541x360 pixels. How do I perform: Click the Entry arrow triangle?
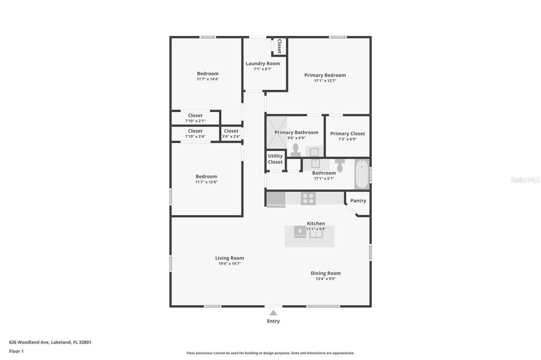tap(273, 312)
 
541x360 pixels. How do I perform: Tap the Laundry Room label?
tap(263, 63)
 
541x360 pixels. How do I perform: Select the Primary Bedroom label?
tap(325, 75)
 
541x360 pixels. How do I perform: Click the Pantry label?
tap(358, 201)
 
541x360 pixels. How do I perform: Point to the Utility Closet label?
tap(275, 159)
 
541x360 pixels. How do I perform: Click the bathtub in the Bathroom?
tap(361, 174)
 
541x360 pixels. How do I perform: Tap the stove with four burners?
tap(308, 198)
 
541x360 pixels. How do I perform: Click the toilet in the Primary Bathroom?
tap(296, 149)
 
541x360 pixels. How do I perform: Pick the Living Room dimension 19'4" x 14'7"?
tap(229, 263)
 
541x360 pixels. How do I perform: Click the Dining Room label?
tap(325, 273)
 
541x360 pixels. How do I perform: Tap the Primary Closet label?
tap(347, 134)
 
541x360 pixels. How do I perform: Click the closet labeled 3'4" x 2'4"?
tap(231, 134)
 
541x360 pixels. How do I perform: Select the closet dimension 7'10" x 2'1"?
tap(195, 121)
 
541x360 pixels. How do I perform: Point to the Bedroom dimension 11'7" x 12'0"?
tap(206, 182)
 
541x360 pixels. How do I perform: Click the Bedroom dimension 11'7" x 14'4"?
tap(208, 79)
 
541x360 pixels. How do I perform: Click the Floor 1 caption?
tap(16, 351)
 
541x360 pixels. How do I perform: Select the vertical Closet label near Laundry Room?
tap(279, 46)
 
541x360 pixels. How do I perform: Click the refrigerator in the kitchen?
tap(276, 199)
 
